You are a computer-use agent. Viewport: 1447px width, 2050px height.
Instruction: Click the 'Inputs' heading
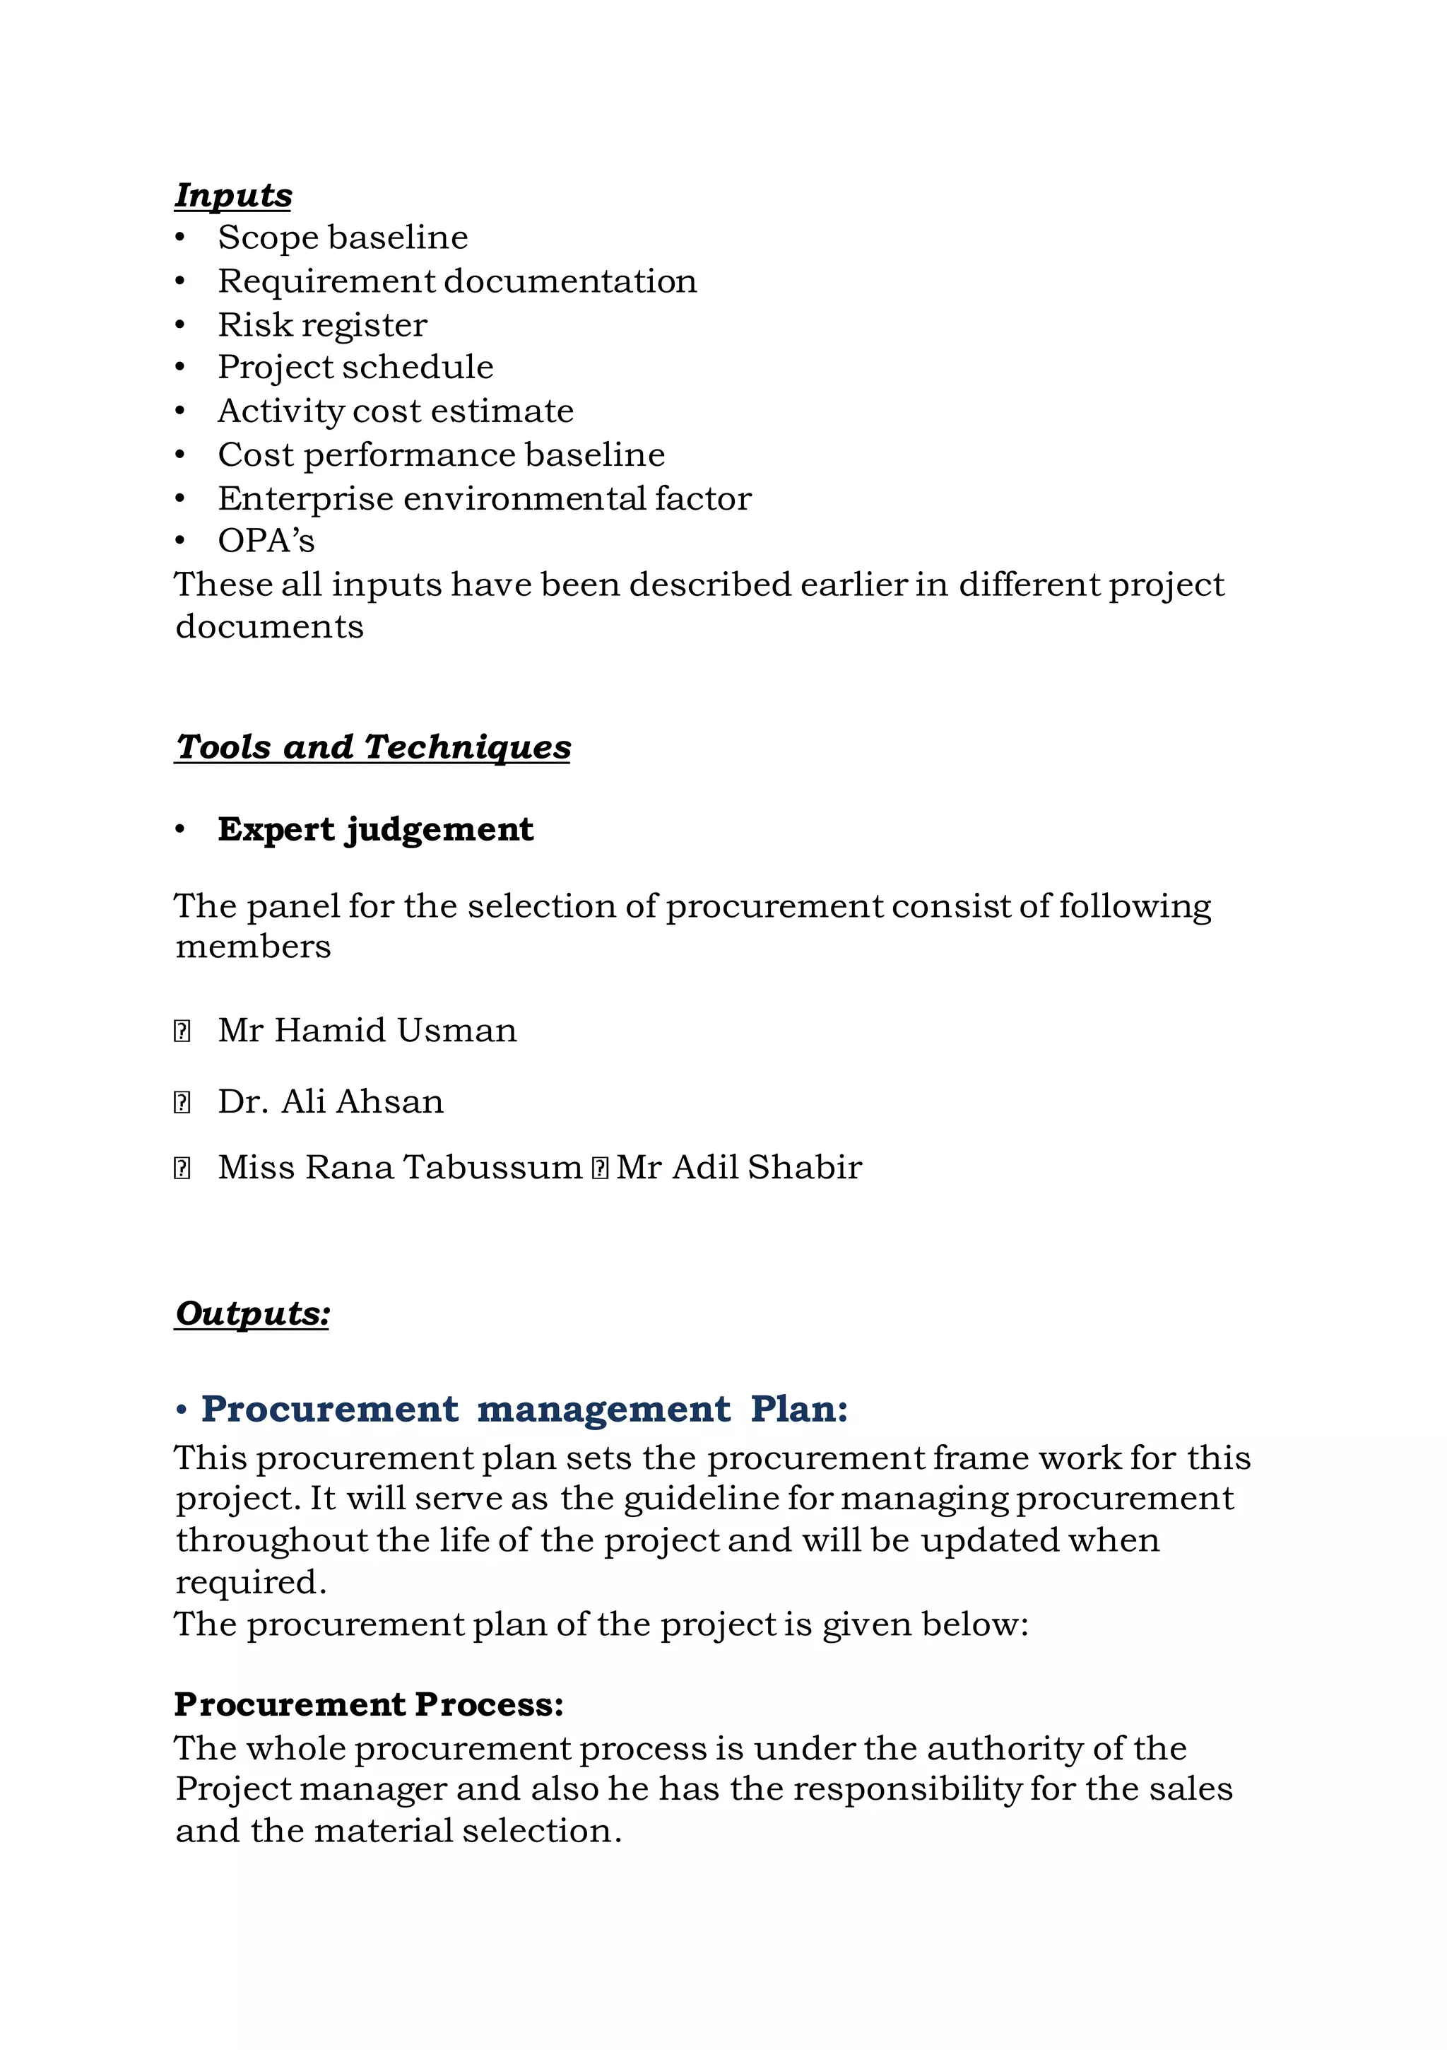[233, 194]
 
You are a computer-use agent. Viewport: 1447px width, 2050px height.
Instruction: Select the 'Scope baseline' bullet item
[343, 238]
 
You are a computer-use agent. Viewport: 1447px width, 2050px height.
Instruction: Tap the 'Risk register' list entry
[322, 325]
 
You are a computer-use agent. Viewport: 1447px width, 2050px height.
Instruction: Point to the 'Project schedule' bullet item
[355, 367]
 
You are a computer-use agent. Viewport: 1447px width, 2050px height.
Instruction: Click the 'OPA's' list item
[266, 541]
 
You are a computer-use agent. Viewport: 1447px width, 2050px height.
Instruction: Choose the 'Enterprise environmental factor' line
[484, 498]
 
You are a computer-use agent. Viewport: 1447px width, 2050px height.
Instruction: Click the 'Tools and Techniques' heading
[372, 746]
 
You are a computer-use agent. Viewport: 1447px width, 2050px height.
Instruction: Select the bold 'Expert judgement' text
[375, 829]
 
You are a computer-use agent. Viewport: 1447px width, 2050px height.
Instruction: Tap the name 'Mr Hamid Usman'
[367, 1031]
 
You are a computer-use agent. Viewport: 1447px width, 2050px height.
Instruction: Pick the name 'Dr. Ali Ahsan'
[330, 1102]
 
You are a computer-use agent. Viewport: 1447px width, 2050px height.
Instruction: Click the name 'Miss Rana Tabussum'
[400, 1168]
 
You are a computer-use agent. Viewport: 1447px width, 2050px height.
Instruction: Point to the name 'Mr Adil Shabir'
[739, 1168]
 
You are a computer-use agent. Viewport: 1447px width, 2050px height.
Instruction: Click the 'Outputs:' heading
[252, 1313]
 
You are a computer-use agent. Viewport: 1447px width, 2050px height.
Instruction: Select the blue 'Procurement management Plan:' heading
[524, 1409]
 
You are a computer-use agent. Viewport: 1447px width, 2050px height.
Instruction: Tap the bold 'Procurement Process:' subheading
[369, 1704]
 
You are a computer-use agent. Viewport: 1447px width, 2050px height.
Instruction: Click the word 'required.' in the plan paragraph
[251, 1582]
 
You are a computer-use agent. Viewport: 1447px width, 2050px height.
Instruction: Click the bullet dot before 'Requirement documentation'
[180, 281]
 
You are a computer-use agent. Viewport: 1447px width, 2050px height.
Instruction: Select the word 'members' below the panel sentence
[253, 947]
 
